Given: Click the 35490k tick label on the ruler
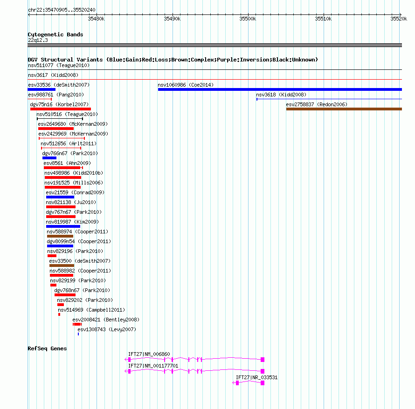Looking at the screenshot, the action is click(172, 19).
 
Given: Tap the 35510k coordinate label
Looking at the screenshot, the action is click(323, 19).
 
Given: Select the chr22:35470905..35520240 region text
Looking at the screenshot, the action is click(62, 10).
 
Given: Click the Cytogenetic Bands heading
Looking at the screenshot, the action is click(55, 34).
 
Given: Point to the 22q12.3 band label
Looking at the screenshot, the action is click(38, 40).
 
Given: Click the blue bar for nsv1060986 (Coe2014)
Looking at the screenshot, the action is click(280, 89).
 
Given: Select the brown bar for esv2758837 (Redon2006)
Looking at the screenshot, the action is click(344, 109).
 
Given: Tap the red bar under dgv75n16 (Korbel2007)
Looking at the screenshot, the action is click(61, 109).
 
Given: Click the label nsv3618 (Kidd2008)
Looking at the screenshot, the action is click(281, 95).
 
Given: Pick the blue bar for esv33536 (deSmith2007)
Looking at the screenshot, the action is click(41, 89).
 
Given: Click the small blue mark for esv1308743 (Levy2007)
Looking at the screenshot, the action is click(78, 334).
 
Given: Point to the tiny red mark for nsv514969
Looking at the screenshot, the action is click(59, 314).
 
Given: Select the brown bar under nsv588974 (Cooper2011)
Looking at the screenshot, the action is click(60, 236).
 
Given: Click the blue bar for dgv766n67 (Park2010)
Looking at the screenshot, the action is click(49, 158).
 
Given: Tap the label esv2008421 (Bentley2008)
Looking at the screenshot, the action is click(106, 320).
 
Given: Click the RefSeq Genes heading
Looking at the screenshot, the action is click(47, 348).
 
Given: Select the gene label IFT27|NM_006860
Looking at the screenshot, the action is click(149, 354).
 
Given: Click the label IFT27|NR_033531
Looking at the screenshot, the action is click(257, 377).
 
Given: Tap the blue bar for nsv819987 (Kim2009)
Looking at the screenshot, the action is click(63, 226).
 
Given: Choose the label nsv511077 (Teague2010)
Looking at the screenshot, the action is click(59, 65).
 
